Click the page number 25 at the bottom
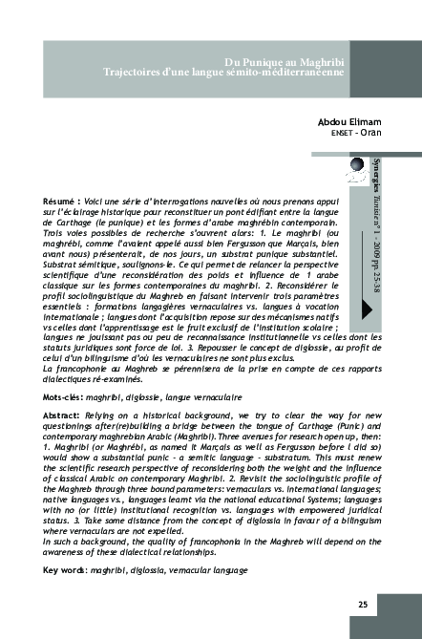[x=363, y=604]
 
